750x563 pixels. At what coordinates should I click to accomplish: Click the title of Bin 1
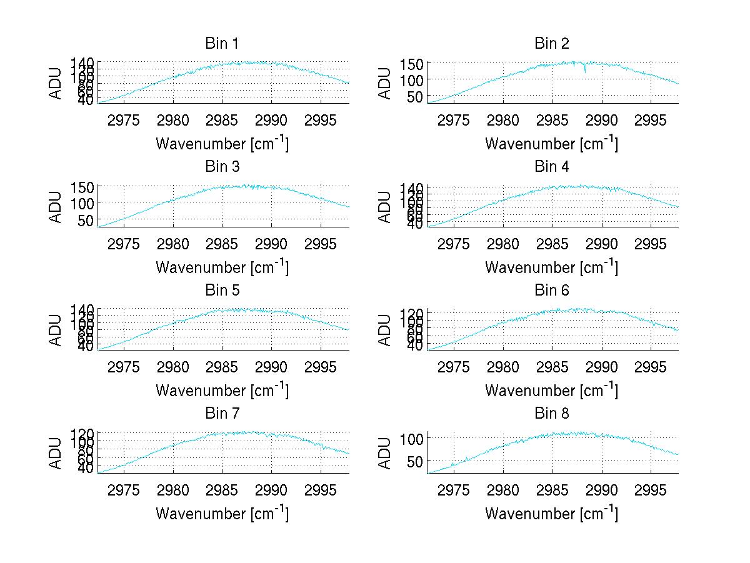(x=222, y=44)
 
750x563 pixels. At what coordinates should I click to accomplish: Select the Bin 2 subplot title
(x=551, y=44)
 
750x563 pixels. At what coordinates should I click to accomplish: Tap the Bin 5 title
(x=222, y=291)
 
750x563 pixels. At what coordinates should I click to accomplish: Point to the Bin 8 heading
(x=551, y=414)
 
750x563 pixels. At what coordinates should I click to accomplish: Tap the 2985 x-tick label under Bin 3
(x=222, y=243)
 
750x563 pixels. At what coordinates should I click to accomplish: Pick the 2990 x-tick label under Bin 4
(x=601, y=243)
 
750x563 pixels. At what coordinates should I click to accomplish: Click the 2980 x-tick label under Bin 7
(x=173, y=490)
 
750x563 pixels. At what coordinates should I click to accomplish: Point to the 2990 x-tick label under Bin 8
(x=601, y=490)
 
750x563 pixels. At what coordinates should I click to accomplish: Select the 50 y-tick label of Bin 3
(x=86, y=220)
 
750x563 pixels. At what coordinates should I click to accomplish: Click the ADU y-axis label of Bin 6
(x=386, y=330)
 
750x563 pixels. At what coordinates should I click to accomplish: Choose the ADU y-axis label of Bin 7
(x=56, y=454)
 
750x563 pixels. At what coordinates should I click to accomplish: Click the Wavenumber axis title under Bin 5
(x=222, y=391)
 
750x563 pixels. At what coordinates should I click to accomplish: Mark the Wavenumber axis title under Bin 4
(x=551, y=267)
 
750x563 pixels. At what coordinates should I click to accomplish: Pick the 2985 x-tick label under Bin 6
(x=552, y=367)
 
